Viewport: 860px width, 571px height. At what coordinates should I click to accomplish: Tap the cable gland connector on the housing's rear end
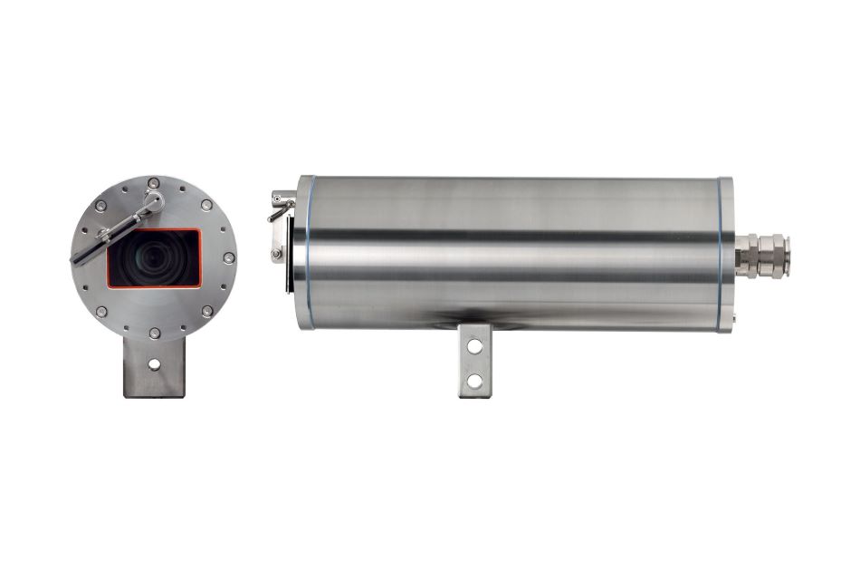[x=763, y=254]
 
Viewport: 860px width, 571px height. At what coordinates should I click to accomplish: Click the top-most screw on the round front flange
[x=153, y=183]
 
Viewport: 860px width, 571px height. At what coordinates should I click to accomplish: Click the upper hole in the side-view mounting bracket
[x=474, y=345]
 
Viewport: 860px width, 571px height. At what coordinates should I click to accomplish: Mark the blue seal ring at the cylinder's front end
[x=311, y=253]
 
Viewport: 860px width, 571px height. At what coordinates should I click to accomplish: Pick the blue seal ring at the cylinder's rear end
[x=721, y=253]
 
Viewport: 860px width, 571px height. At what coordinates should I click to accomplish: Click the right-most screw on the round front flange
[x=229, y=258]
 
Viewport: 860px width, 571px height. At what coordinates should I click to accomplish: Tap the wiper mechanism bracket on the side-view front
[x=281, y=227]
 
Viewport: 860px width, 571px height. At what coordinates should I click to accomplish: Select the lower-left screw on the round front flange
[x=100, y=312]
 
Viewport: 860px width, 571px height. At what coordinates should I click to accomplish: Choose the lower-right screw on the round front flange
[x=207, y=312]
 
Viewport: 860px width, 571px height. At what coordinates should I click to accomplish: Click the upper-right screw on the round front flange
[x=207, y=205]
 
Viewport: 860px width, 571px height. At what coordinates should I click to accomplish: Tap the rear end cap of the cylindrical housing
[x=727, y=254]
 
